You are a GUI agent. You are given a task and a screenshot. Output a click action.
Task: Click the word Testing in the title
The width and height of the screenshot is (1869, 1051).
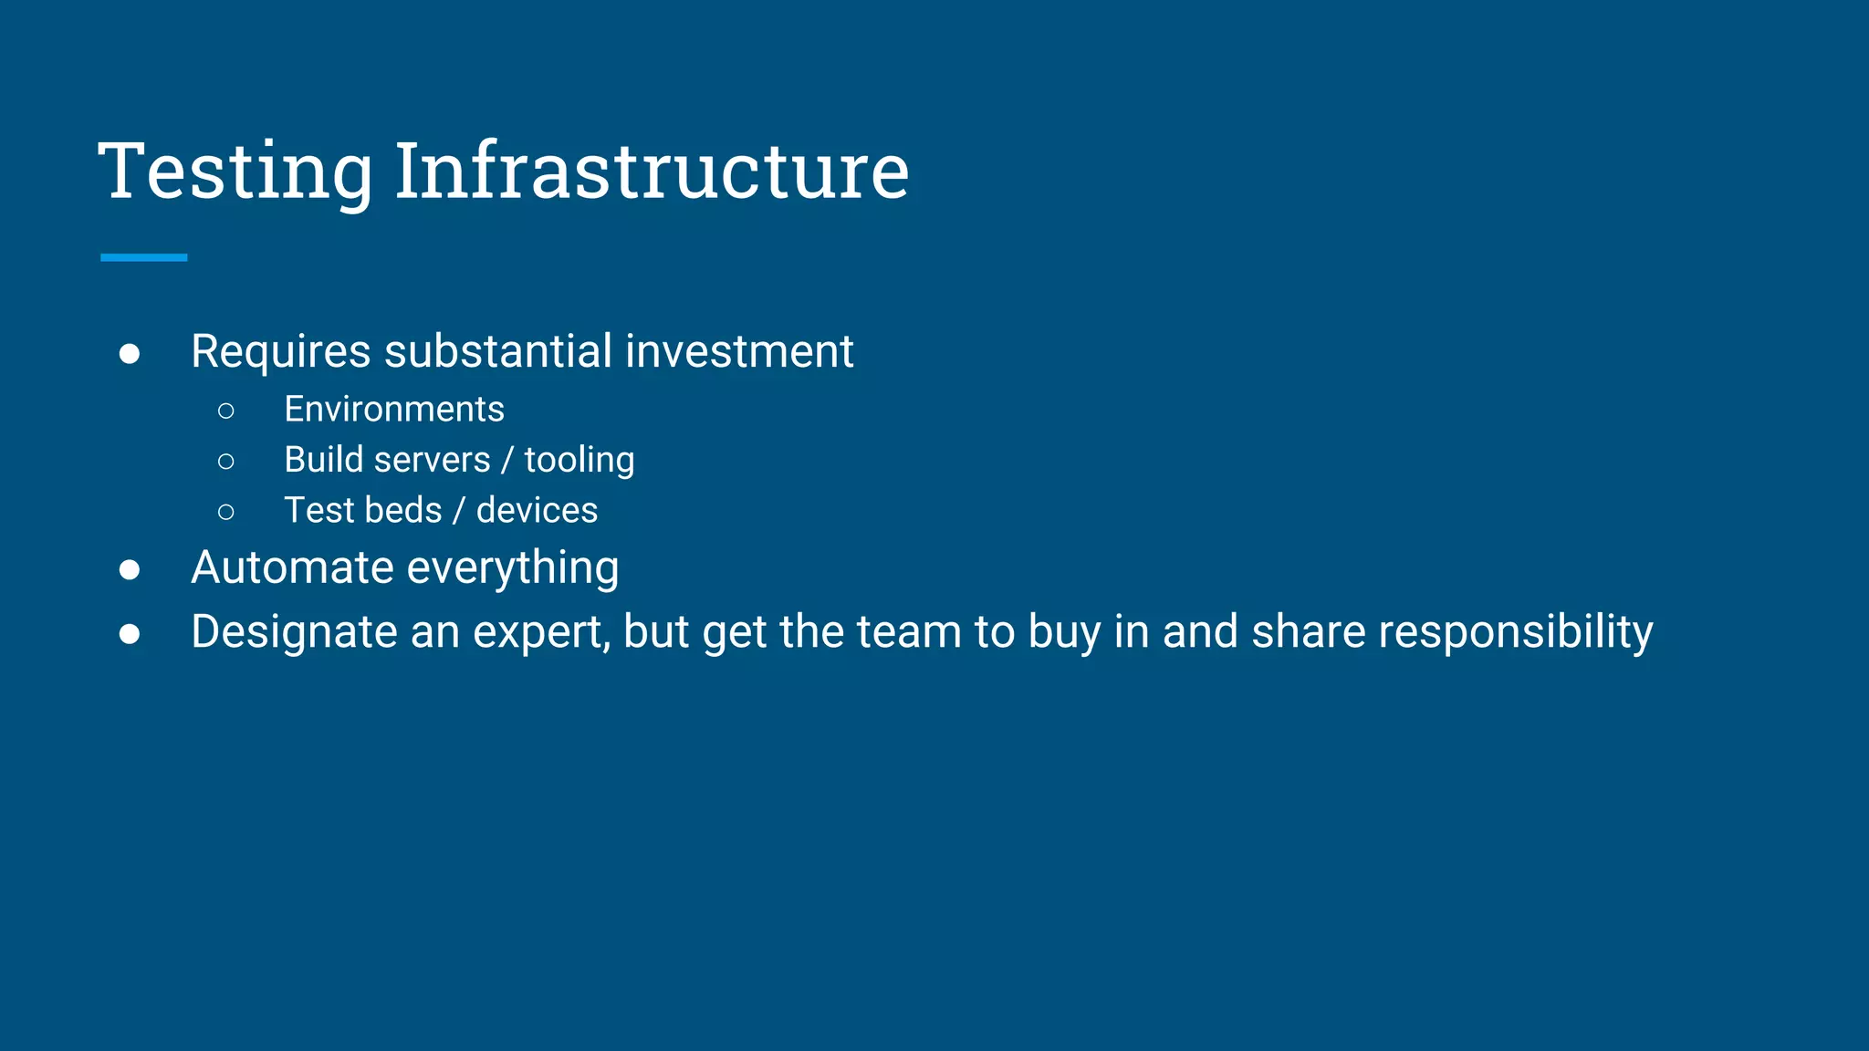pos(235,171)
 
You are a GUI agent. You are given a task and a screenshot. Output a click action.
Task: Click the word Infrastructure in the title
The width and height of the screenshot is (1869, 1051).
pos(652,171)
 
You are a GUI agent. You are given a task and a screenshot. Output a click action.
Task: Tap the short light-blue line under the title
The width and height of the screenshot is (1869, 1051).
pos(143,258)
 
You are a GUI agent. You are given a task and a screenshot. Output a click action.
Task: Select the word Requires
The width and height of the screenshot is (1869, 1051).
pos(281,352)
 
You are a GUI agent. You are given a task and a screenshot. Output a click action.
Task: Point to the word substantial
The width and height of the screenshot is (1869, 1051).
pos(498,352)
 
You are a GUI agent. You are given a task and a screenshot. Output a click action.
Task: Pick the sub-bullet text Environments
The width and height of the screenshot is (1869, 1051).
pos(394,410)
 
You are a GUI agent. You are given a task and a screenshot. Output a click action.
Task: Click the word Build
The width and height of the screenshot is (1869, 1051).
pos(324,460)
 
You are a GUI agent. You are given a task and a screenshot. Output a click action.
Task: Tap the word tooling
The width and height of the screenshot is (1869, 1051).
pos(579,461)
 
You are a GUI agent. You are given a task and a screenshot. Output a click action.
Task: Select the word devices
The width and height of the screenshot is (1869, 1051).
pos(537,511)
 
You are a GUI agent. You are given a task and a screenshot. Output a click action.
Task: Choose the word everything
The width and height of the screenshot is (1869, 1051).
pos(513,569)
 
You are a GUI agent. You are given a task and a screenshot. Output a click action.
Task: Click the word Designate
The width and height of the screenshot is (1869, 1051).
pos(294,632)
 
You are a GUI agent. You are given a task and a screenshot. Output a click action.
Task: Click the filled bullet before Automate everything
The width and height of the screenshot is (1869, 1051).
pos(130,570)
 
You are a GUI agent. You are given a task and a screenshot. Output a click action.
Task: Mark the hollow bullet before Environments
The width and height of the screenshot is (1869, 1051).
pos(226,411)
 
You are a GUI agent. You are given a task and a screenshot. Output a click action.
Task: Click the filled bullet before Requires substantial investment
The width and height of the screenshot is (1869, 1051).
pos(130,354)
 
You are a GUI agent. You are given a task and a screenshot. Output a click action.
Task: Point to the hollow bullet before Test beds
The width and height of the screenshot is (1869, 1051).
pos(226,513)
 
